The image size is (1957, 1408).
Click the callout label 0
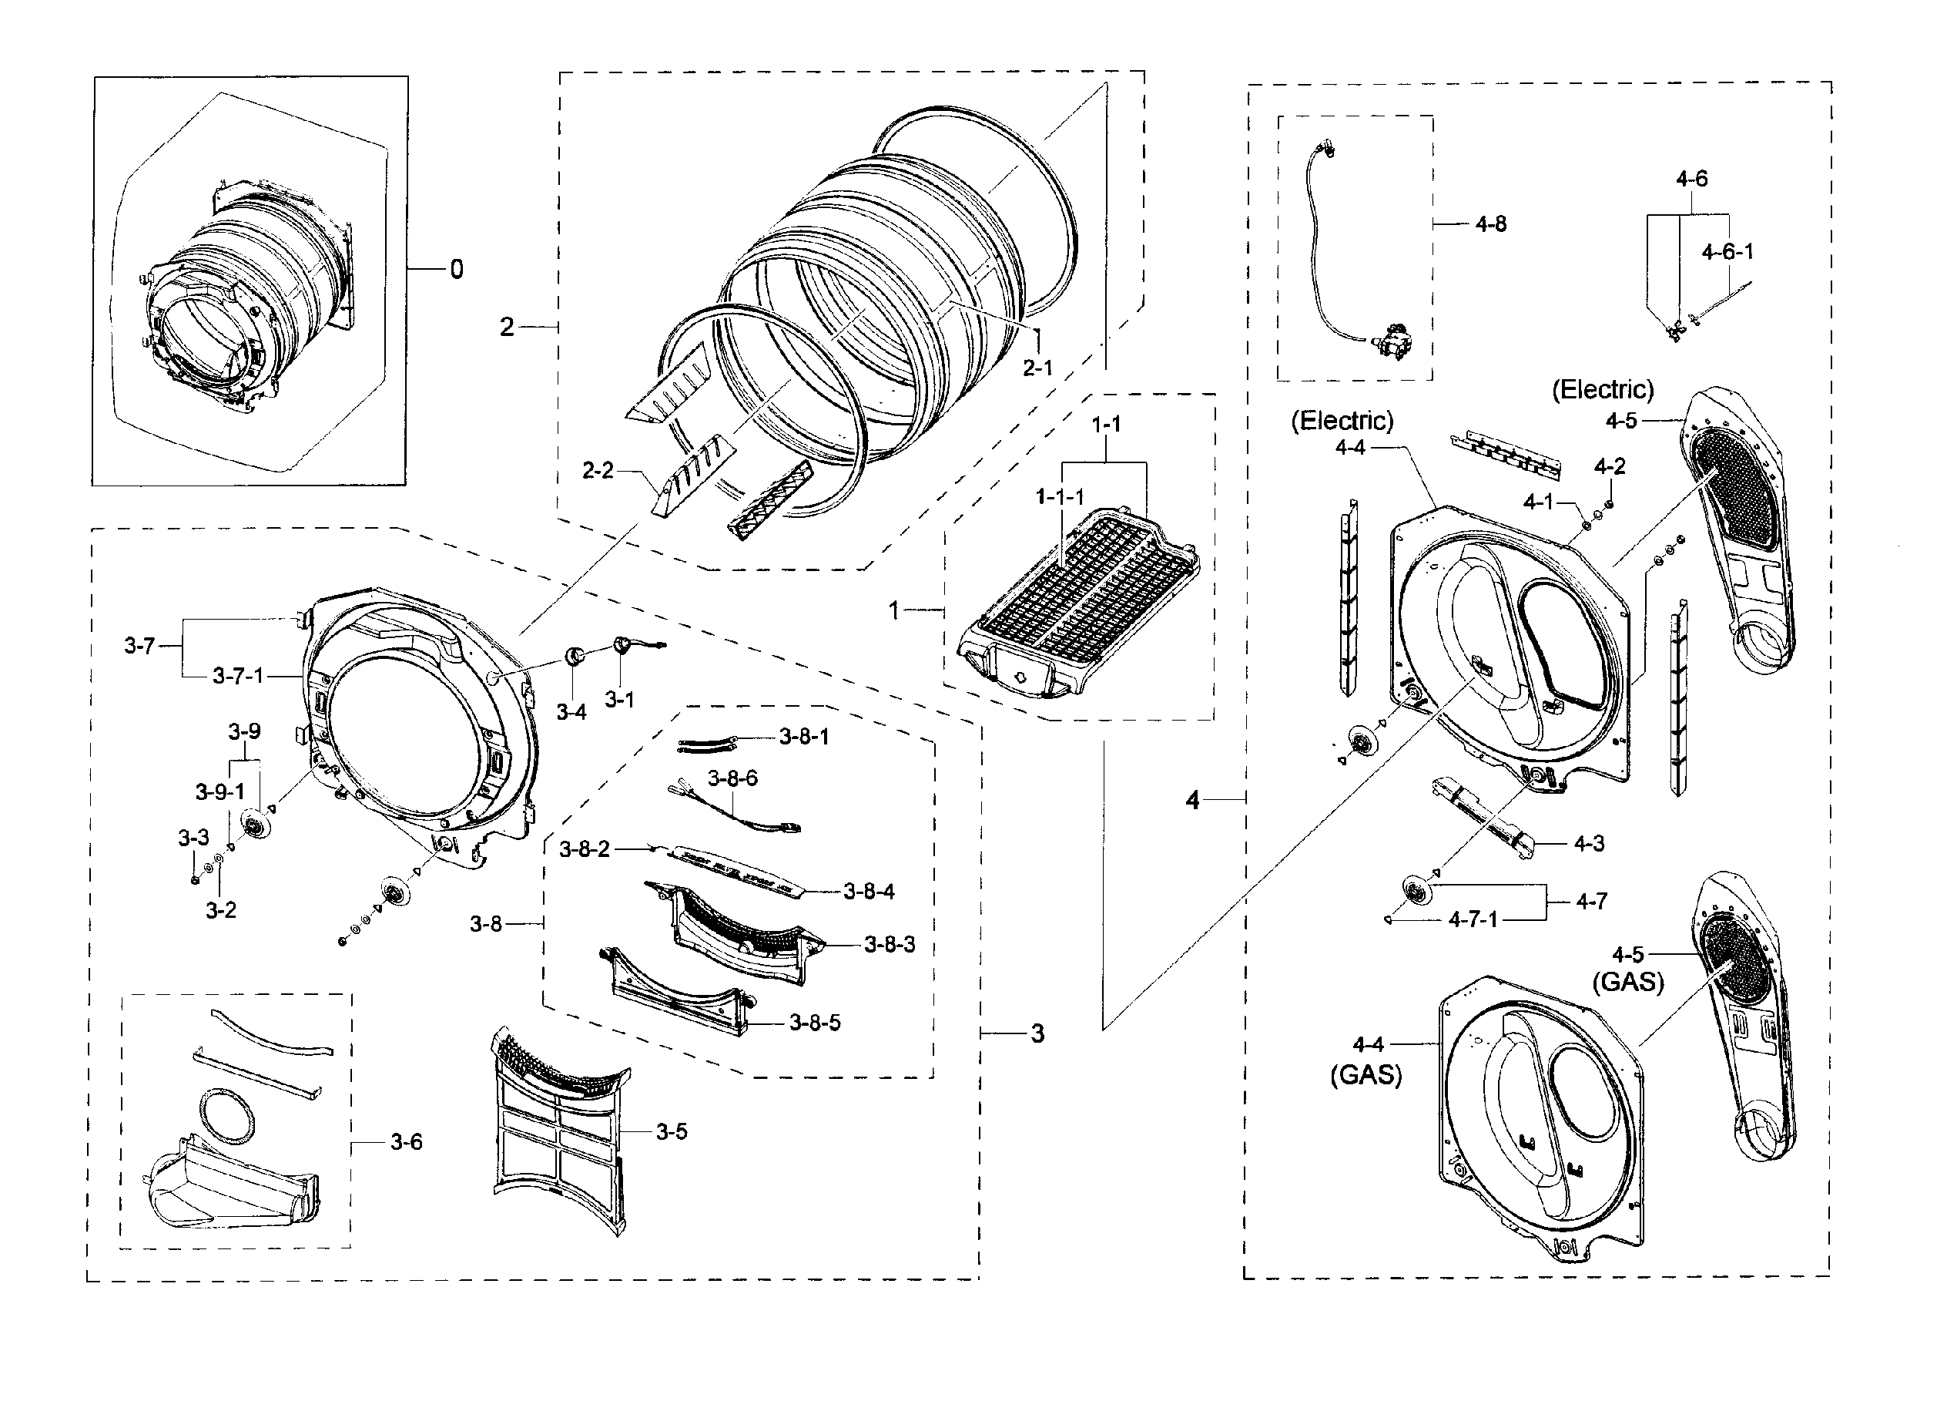[x=457, y=271]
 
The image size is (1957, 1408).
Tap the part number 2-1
[x=1037, y=368]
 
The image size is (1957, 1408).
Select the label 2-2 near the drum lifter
[x=597, y=470]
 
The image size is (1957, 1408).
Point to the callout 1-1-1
[x=1060, y=496]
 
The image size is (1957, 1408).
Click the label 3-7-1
[x=238, y=675]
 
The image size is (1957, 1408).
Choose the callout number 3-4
[x=571, y=712]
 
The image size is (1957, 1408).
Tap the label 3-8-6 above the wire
[x=732, y=778]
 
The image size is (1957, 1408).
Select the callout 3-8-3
[x=890, y=944]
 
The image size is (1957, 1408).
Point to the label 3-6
[x=406, y=1142]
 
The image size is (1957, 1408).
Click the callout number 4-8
[x=1490, y=224]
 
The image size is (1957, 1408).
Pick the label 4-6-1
[x=1727, y=252]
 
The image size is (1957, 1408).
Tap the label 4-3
[x=1589, y=843]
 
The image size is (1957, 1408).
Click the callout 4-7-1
[x=1473, y=920]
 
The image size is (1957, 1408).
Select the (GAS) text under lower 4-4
[x=1366, y=1076]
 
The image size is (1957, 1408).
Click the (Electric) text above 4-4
[x=1342, y=421]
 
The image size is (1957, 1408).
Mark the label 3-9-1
[x=220, y=791]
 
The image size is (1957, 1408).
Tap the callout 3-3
[x=193, y=838]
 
